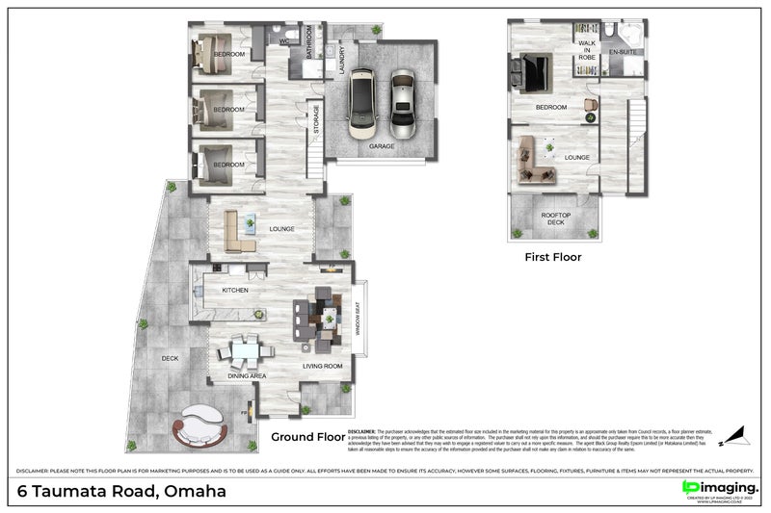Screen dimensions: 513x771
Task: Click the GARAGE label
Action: coord(382,145)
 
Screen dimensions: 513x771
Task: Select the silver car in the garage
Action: coord(403,103)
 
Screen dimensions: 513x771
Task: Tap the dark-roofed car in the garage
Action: coord(362,101)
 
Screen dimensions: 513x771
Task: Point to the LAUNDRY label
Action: coord(342,63)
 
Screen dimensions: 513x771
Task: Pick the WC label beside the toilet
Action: coord(284,42)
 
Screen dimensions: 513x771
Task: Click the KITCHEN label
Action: coord(236,290)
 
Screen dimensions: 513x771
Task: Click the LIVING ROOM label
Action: coord(323,366)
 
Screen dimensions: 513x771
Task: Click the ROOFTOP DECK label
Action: coord(554,218)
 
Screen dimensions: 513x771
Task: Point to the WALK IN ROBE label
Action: coord(587,52)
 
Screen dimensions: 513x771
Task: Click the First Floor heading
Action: coord(552,257)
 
